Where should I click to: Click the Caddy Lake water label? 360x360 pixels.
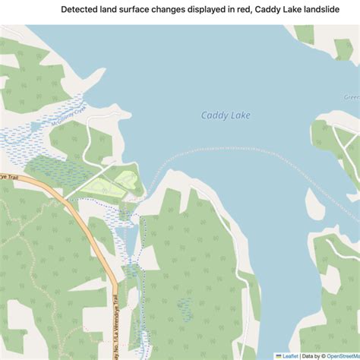(226, 115)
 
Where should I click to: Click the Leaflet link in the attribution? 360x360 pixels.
(289, 355)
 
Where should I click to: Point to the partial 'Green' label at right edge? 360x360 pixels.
(352, 97)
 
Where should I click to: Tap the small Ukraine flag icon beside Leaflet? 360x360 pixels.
(279, 355)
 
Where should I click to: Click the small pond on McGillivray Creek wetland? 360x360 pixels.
(36, 125)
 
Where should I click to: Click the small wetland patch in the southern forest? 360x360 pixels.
(184, 307)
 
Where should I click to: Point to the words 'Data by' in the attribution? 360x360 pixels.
(313, 355)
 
